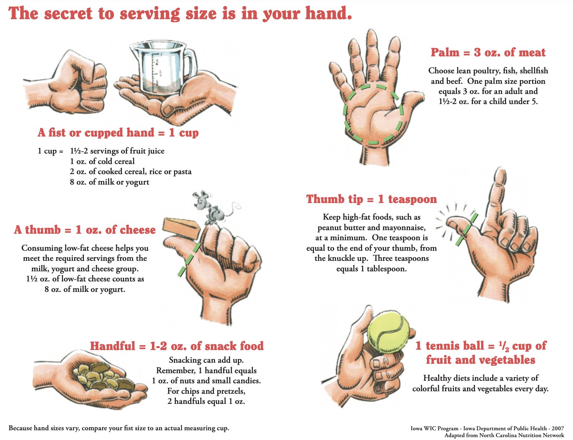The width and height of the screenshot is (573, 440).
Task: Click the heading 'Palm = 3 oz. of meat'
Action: tap(488, 52)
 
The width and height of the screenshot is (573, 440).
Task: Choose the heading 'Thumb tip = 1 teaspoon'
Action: tap(371, 199)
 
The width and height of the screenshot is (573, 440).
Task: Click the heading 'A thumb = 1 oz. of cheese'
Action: tap(85, 230)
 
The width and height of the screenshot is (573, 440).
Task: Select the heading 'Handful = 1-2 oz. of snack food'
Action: tap(177, 346)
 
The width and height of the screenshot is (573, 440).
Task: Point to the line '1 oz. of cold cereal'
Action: tap(102, 161)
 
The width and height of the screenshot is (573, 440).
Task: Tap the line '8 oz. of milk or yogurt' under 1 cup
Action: tap(110, 182)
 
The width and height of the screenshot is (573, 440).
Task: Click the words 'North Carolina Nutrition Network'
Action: tap(521, 435)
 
